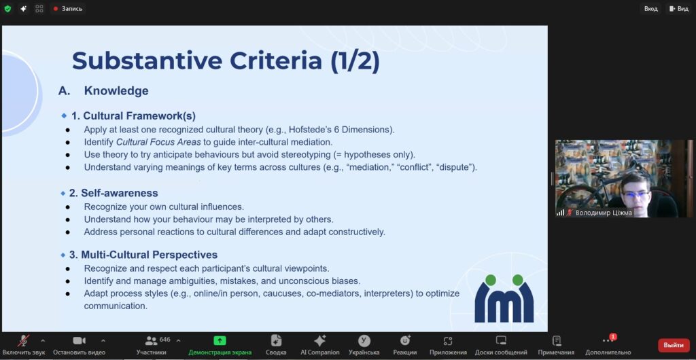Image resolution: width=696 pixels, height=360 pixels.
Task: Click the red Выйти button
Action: pyautogui.click(x=674, y=345)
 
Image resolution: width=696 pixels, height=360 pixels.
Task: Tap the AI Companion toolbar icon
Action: pyautogui.click(x=319, y=340)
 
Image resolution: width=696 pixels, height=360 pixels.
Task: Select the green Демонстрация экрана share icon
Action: pyautogui.click(x=220, y=340)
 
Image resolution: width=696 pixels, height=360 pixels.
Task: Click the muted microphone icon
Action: pyautogui.click(x=23, y=340)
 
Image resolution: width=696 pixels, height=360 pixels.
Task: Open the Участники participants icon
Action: pyautogui.click(x=152, y=340)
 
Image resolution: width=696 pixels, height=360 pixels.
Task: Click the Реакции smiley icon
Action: pyautogui.click(x=405, y=340)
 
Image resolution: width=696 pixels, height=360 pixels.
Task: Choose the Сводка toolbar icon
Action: pyautogui.click(x=276, y=340)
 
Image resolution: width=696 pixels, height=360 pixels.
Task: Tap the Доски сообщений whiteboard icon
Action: pyautogui.click(x=501, y=340)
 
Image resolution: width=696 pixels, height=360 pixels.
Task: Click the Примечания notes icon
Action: pyautogui.click(x=556, y=340)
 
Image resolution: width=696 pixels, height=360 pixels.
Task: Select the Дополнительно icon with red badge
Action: pyautogui.click(x=608, y=340)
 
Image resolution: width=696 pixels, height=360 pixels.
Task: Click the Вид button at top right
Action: pyautogui.click(x=679, y=9)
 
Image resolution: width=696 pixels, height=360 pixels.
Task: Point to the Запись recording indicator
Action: pyautogui.click(x=68, y=9)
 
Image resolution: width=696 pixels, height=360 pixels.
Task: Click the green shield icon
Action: pyautogui.click(x=7, y=9)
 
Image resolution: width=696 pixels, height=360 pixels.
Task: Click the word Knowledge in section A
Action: pyautogui.click(x=116, y=91)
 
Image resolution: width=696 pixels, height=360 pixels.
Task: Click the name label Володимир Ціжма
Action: pyautogui.click(x=604, y=213)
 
